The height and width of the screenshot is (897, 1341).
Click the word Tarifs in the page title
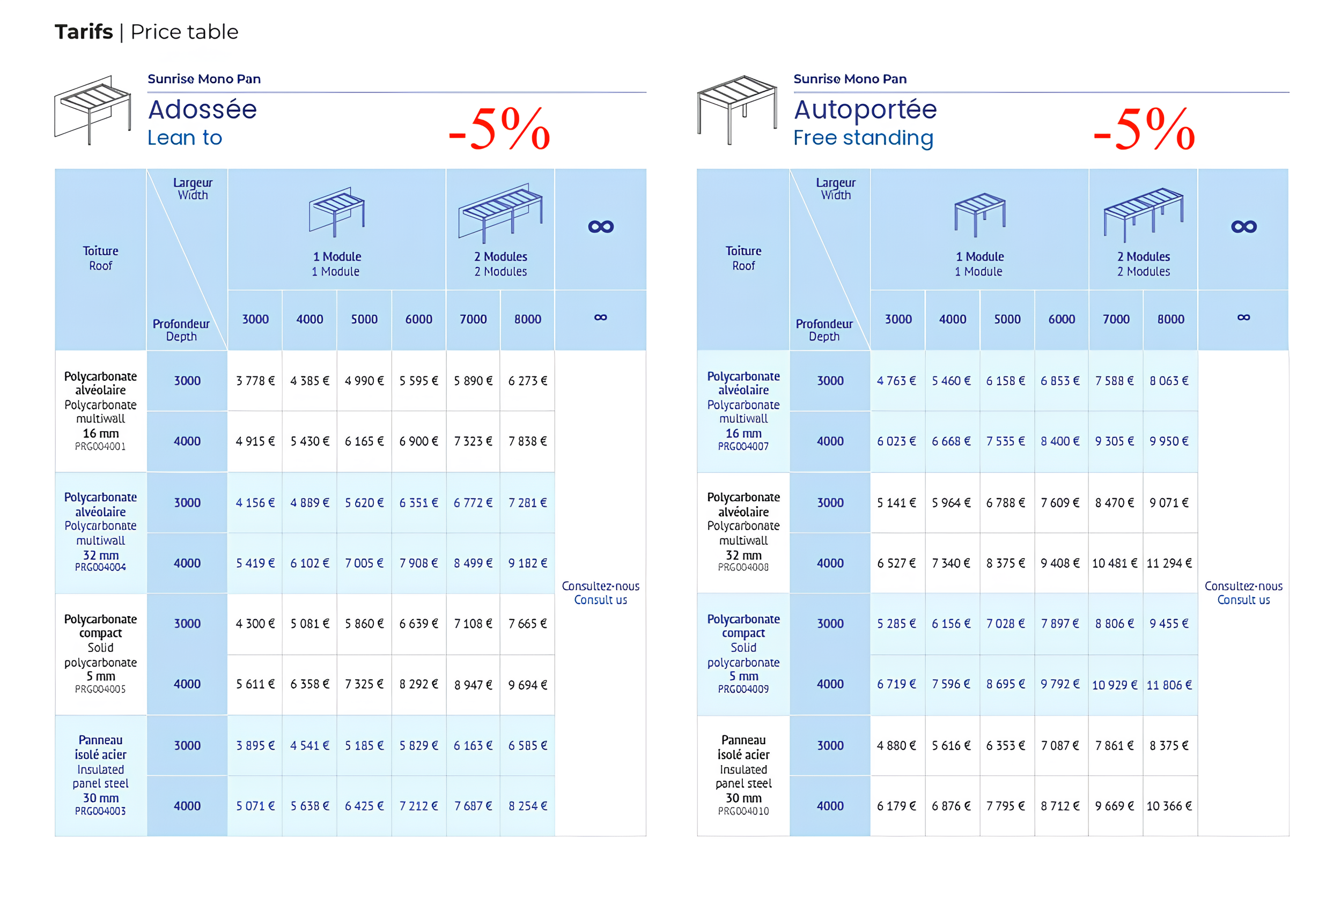click(x=84, y=32)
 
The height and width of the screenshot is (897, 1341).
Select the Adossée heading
click(x=202, y=109)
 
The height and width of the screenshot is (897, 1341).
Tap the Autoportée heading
click(x=864, y=109)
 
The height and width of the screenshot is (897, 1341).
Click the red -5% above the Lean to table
click(x=498, y=129)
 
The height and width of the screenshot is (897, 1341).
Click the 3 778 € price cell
click(x=255, y=381)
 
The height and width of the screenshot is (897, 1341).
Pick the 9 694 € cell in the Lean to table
click(x=527, y=685)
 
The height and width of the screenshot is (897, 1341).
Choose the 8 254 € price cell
click(x=527, y=806)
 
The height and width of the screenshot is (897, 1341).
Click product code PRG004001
click(x=100, y=447)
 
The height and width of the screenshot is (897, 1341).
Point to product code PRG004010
click(x=743, y=811)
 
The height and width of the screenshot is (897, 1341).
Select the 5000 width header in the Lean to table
click(x=364, y=319)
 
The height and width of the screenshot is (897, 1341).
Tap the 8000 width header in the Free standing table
click(x=1170, y=319)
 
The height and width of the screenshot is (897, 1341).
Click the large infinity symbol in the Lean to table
click(x=600, y=227)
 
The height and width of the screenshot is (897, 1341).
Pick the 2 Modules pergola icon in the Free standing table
click(x=1143, y=213)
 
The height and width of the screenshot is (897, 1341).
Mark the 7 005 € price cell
click(x=364, y=564)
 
